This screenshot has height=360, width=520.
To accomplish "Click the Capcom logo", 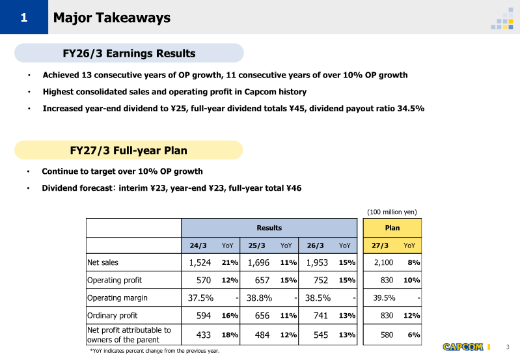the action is pos(463,347).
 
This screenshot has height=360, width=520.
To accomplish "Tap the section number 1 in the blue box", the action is pos(24,18).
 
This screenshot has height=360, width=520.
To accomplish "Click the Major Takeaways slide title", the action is pos(112,18).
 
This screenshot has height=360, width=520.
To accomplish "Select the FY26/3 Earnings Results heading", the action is pos(129,53).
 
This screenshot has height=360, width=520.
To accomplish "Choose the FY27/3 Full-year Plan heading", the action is pos(128,150).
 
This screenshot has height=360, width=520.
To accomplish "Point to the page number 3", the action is pos(508,347).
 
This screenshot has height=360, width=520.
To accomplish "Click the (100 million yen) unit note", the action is pos(392,212).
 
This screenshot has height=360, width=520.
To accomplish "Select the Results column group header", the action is pos(269,228).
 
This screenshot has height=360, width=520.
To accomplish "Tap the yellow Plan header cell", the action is pos(392,228).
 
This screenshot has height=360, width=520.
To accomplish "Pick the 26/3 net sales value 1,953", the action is pos(317,262).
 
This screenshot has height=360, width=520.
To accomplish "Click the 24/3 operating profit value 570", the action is pos(203,281).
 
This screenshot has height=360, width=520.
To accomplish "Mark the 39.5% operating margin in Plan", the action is pos(384,298).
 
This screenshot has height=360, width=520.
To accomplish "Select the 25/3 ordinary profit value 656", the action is pos(262,316).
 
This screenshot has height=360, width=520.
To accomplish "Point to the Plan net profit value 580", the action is pos(387,335).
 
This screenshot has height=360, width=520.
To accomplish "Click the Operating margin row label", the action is pos(117,298).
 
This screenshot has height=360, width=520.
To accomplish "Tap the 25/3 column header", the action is pos(256,245).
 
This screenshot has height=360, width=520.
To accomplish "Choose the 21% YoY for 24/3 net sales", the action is pos(230,262).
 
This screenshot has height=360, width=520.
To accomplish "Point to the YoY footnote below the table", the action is pos(155,351).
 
